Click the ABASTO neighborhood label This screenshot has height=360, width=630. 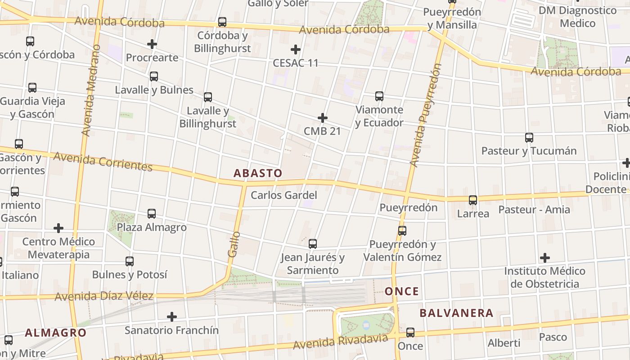(258, 173)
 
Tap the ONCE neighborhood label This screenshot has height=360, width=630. (402, 292)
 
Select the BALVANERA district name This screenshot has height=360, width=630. (456, 313)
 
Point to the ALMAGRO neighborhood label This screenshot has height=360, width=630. (55, 333)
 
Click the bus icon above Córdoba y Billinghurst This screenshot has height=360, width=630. (222, 22)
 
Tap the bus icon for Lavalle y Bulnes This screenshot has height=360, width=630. (154, 76)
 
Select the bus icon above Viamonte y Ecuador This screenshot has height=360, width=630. (379, 96)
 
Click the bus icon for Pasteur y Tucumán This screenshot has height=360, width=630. (529, 137)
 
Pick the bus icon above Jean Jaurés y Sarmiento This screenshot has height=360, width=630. (313, 244)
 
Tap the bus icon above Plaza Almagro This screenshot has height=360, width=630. (152, 213)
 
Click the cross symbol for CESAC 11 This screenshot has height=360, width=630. (296, 49)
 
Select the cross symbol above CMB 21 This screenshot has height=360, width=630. (323, 118)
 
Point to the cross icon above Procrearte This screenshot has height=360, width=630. (152, 44)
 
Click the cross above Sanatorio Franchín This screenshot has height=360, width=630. (172, 317)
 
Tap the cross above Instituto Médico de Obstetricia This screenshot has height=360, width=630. (545, 258)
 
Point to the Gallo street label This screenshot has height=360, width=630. (233, 244)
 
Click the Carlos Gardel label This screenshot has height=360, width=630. (284, 195)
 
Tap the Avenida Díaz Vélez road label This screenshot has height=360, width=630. (104, 297)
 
